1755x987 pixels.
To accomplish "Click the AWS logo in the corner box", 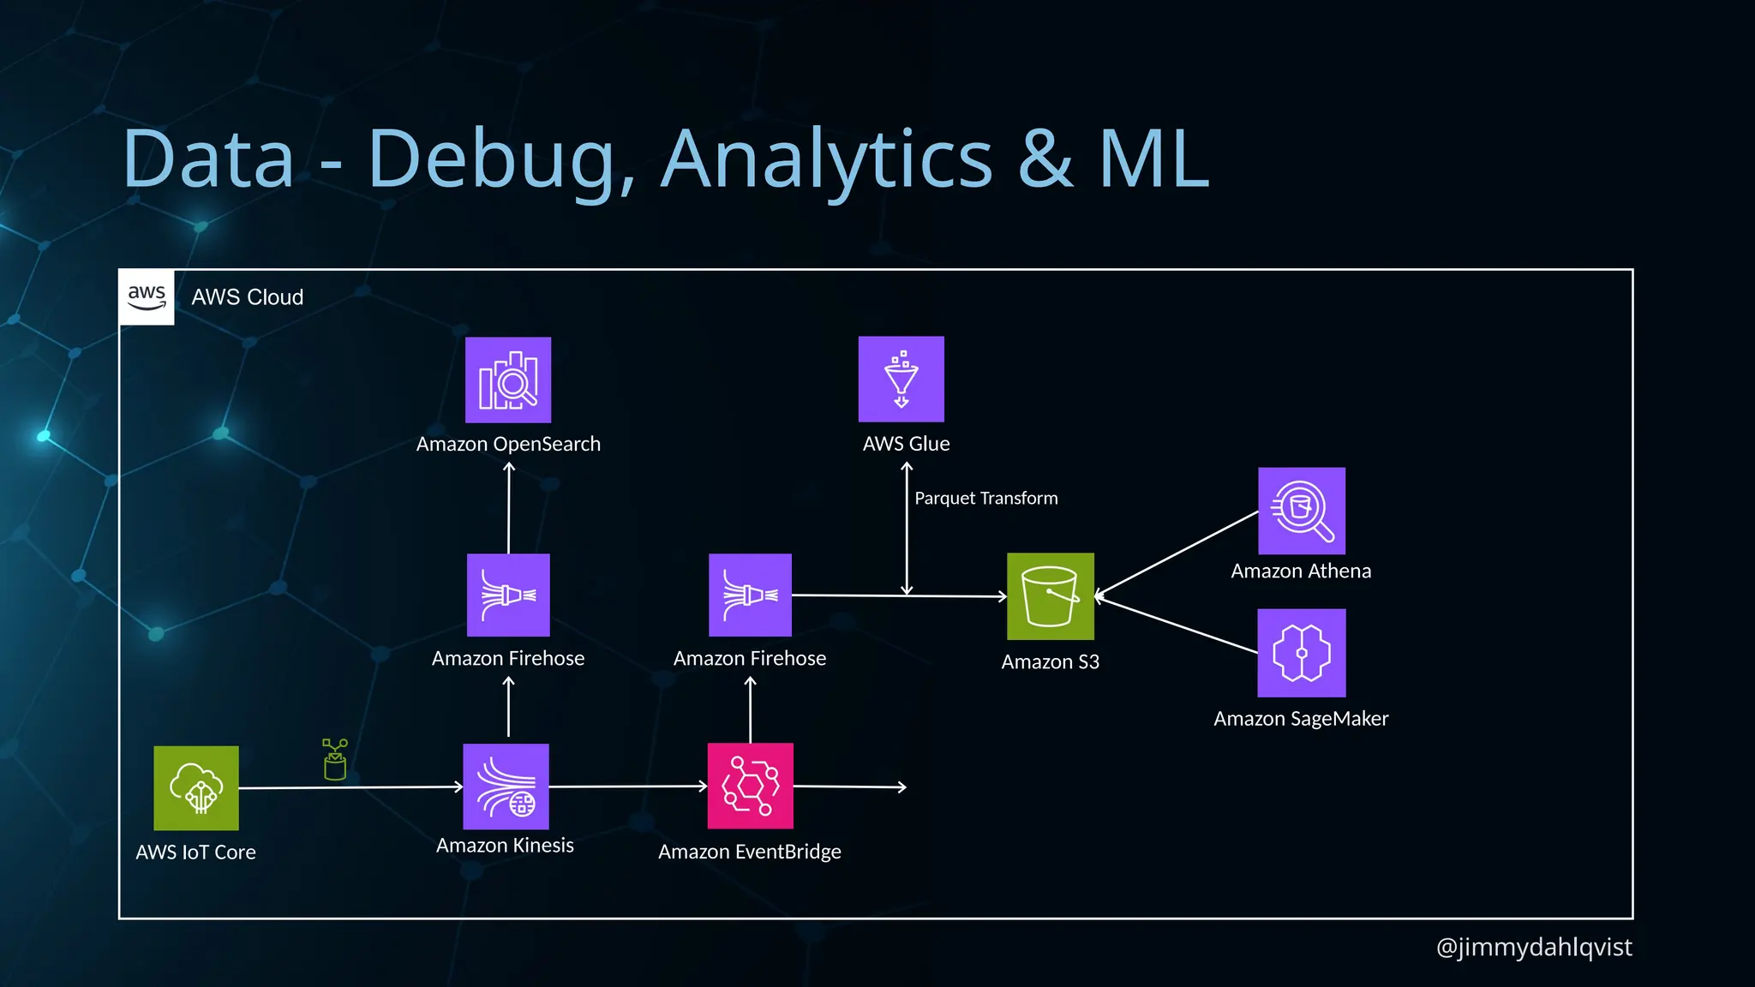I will pyautogui.click(x=147, y=297).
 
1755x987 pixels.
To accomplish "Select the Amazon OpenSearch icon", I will pyautogui.click(x=508, y=380).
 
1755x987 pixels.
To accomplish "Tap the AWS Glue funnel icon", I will pyautogui.click(x=901, y=379).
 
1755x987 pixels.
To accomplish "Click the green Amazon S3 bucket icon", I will pyautogui.click(x=1051, y=596).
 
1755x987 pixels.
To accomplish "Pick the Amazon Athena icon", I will pyautogui.click(x=1302, y=511).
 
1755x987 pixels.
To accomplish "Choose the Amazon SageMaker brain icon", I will pyautogui.click(x=1302, y=653).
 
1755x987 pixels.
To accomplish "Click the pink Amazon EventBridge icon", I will pyautogui.click(x=751, y=786).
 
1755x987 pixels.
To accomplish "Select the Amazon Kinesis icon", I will pyautogui.click(x=506, y=787).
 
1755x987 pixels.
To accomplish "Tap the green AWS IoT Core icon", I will pyautogui.click(x=196, y=788).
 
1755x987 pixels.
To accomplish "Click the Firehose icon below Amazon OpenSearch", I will pyautogui.click(x=508, y=595).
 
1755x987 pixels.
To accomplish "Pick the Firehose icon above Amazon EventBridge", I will pyautogui.click(x=751, y=595).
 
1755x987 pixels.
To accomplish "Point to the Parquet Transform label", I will pyautogui.click(x=986, y=499).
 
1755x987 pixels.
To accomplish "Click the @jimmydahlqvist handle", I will pyautogui.click(x=1534, y=947).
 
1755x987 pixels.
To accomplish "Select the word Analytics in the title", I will pyautogui.click(x=827, y=159).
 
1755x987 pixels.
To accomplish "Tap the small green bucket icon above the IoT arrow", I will pyautogui.click(x=335, y=760).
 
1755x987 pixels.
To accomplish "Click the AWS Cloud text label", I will pyautogui.click(x=248, y=297).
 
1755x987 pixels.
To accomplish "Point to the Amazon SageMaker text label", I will pyautogui.click(x=1301, y=719).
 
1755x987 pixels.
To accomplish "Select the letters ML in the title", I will pyautogui.click(x=1153, y=159).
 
